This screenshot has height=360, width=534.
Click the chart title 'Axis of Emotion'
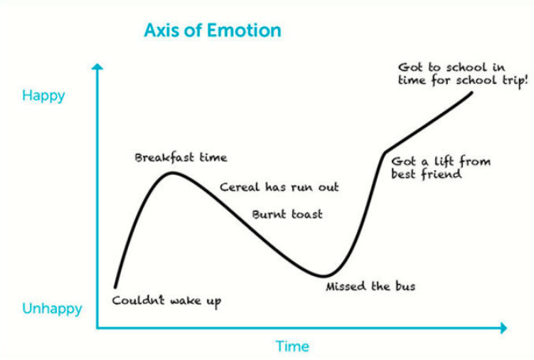pyautogui.click(x=213, y=31)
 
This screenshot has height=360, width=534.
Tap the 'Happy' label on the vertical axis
pyautogui.click(x=43, y=96)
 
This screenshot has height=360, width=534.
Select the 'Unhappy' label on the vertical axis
pyautogui.click(x=52, y=309)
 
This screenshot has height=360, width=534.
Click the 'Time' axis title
pyautogui.click(x=292, y=346)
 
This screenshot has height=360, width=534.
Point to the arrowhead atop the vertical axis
pyautogui.click(x=97, y=66)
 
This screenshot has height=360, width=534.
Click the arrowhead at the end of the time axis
pyautogui.click(x=503, y=328)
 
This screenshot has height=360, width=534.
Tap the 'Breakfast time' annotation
pyautogui.click(x=181, y=157)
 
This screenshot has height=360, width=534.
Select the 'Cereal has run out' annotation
pyautogui.click(x=279, y=187)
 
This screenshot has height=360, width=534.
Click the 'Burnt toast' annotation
pyautogui.click(x=287, y=214)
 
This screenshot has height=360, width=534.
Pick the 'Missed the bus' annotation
pyautogui.click(x=370, y=286)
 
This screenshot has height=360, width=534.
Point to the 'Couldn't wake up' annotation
pyautogui.click(x=166, y=301)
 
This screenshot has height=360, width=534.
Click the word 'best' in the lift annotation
pyautogui.click(x=404, y=174)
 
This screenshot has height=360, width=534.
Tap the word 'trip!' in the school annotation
pyautogui.click(x=516, y=81)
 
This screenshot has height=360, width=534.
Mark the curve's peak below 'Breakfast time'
pyautogui.click(x=173, y=174)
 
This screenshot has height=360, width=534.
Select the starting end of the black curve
pyautogui.click(x=115, y=287)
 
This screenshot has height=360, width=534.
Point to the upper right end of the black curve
pyautogui.click(x=471, y=92)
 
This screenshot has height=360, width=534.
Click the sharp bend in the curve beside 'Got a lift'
pyautogui.click(x=385, y=153)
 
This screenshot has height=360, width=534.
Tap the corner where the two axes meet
pyautogui.click(x=97, y=328)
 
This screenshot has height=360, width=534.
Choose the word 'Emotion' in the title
pyautogui.click(x=244, y=31)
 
